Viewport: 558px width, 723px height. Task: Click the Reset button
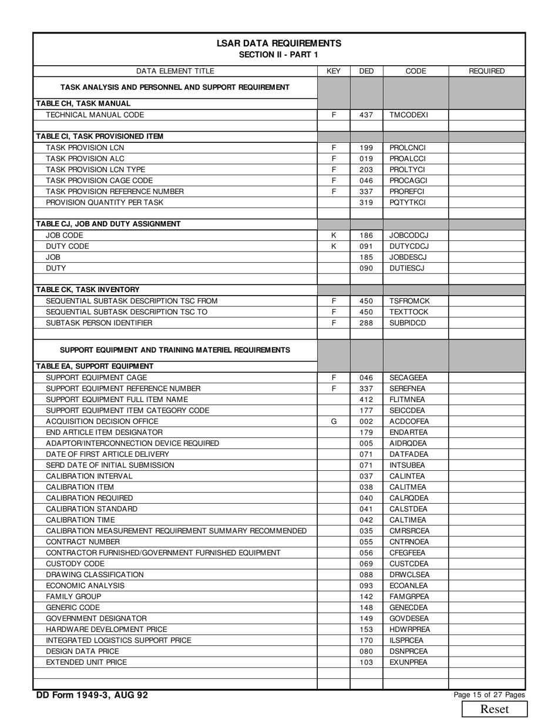tap(494, 709)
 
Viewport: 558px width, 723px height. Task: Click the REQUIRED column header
tap(486, 71)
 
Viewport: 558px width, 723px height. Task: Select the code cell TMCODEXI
tap(408, 115)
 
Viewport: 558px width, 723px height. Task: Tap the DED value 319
tap(366, 202)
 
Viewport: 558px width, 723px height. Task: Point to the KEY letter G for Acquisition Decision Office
tap(334, 421)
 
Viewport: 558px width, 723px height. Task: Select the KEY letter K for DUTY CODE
tap(334, 246)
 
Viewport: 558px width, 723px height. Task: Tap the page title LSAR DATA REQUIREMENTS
tap(278, 43)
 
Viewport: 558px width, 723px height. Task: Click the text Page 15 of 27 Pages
tap(489, 695)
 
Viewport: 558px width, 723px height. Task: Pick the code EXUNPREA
tap(408, 662)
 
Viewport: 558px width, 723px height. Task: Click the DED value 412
tap(366, 400)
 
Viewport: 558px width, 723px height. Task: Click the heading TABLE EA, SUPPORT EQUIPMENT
tap(95, 366)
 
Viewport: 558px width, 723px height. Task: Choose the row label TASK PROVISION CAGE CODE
tap(99, 180)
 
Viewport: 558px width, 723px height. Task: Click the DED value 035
tap(366, 531)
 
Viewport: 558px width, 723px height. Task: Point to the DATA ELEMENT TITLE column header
tap(175, 71)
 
